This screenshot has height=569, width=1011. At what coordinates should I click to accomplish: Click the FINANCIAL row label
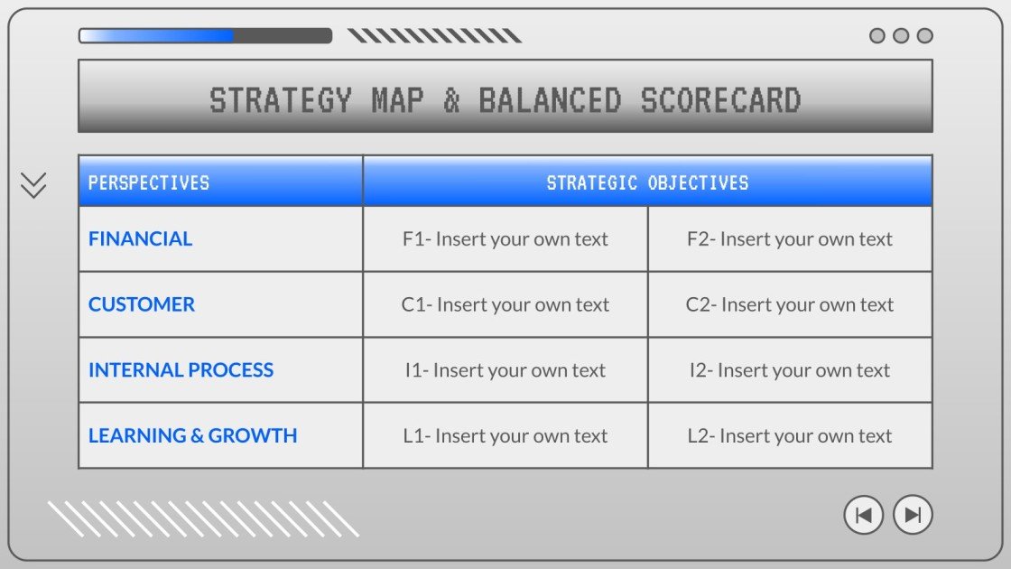tap(140, 239)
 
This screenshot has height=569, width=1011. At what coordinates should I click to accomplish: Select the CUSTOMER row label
tap(142, 304)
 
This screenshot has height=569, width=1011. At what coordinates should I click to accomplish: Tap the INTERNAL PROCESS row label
tap(181, 370)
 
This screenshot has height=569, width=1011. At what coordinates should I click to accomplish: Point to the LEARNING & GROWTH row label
tap(192, 435)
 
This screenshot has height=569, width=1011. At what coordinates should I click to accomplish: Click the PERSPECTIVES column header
tap(148, 182)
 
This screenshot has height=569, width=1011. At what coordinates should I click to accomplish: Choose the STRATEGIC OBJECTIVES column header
tap(647, 182)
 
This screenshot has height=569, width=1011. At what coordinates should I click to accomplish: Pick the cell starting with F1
tap(505, 239)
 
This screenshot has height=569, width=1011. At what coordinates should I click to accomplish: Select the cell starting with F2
tap(790, 239)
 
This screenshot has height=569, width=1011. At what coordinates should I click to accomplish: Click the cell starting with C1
tap(505, 304)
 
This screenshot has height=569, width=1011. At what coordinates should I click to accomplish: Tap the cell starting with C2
tap(790, 304)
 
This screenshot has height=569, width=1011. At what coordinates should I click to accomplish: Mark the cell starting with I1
tap(505, 370)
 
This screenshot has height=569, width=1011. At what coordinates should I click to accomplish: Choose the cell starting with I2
tap(790, 370)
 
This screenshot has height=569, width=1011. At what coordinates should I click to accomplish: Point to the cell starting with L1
tap(505, 435)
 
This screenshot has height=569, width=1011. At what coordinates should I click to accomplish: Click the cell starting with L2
tap(790, 435)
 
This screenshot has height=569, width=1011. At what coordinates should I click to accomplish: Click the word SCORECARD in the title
tap(720, 99)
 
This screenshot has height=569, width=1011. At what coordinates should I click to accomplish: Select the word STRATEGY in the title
tap(280, 99)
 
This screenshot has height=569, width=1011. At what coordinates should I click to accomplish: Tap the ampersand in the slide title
tap(451, 99)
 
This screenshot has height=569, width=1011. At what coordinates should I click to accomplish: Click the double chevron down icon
tap(33, 185)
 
